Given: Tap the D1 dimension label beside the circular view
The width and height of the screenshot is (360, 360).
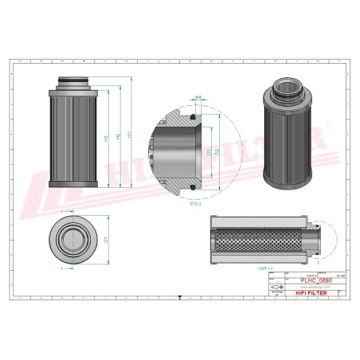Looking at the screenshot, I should (x=106, y=239).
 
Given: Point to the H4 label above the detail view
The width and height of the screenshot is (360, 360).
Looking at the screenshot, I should (x=197, y=96).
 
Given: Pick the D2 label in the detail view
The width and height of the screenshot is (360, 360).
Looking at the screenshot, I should (x=217, y=151).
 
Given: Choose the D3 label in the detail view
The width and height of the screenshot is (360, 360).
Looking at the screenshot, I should (x=209, y=151).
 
